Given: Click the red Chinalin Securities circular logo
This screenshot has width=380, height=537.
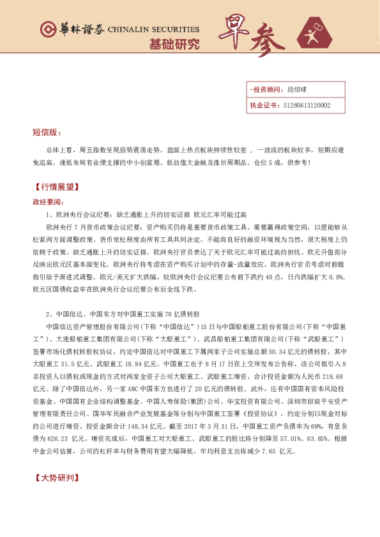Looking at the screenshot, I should [x=48, y=29].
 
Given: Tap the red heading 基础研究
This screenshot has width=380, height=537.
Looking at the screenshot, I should [x=174, y=45].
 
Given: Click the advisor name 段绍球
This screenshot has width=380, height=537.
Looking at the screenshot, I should [x=298, y=91].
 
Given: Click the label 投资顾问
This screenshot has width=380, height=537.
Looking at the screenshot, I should [x=266, y=91].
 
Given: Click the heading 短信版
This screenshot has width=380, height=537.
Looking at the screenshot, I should [x=47, y=133].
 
